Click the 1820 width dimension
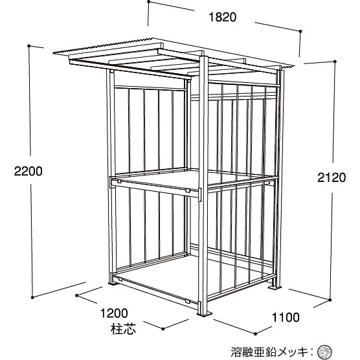click(x=223, y=17)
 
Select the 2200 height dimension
click(x=28, y=172)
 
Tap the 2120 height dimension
click(x=332, y=177)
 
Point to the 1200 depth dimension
click(x=114, y=313)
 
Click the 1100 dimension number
click(x=286, y=318)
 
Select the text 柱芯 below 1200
click(x=123, y=329)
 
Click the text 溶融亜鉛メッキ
click(x=269, y=352)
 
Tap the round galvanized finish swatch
click(x=324, y=352)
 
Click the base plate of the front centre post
click(x=205, y=314)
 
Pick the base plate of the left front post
click(x=113, y=284)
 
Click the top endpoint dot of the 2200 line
click(x=29, y=46)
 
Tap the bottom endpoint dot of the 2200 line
click(x=32, y=297)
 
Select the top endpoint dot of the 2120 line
click(x=335, y=62)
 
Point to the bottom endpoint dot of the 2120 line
click(x=330, y=300)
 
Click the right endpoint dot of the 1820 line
click(x=300, y=31)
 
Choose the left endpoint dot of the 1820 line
click(x=149, y=2)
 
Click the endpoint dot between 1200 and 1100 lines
click(x=163, y=329)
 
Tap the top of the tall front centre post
click(x=204, y=56)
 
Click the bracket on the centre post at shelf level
click(x=199, y=195)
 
